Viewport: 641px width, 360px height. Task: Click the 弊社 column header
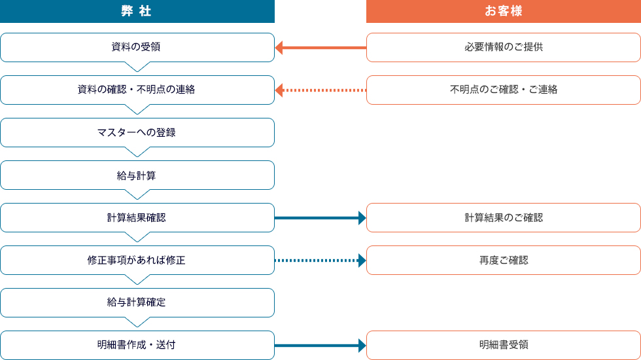137,11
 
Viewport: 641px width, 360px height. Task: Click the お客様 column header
503,11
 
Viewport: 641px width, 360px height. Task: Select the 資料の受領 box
137,47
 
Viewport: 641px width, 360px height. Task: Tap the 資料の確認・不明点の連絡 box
137,90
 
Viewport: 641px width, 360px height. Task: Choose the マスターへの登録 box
137,132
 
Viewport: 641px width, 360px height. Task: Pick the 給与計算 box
137,175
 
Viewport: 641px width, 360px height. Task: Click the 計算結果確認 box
137,217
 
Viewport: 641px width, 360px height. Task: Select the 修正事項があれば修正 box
137,260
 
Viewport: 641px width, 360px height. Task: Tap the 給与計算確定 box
137,302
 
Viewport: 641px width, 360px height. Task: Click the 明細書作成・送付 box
137,345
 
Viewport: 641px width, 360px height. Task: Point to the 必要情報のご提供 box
503,47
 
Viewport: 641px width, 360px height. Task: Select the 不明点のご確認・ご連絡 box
503,90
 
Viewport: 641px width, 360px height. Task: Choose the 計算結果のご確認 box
503,217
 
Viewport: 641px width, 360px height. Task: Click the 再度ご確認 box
503,260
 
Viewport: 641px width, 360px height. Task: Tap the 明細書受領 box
503,345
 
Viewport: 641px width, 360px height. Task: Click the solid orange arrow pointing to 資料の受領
320,47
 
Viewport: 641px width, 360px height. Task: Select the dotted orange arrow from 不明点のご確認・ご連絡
320,90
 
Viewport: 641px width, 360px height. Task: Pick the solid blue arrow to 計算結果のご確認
320,217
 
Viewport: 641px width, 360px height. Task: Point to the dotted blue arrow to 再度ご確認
320,260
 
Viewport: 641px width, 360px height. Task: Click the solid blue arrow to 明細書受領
320,345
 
